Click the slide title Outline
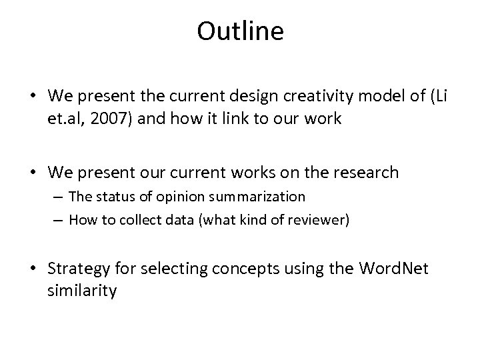[x=240, y=32]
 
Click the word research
[x=361, y=172]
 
